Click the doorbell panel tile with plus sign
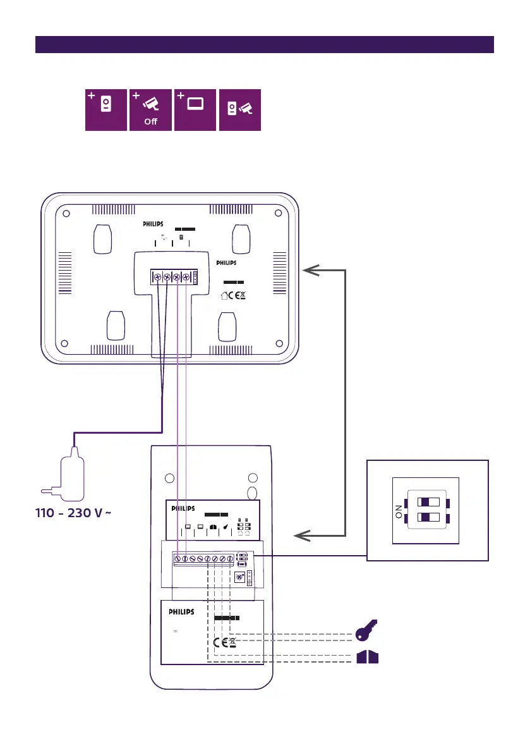pyautogui.click(x=106, y=110)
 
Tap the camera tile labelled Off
pyautogui.click(x=150, y=110)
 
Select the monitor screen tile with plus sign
pyautogui.click(x=195, y=110)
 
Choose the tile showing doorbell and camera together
pyautogui.click(x=239, y=110)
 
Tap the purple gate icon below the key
pyautogui.click(x=367, y=658)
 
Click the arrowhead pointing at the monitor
pyautogui.click(x=311, y=271)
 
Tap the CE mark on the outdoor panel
pyautogui.click(x=220, y=644)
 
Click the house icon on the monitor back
pyautogui.click(x=224, y=295)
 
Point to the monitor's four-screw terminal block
pyautogui.click(x=171, y=277)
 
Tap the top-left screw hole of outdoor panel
pyautogui.click(x=168, y=479)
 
